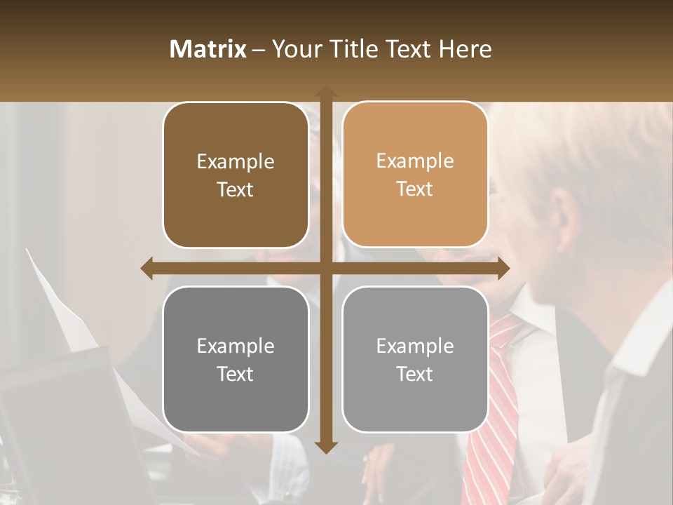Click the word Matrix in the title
(208, 49)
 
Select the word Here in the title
(465, 49)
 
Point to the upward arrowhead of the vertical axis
(325, 91)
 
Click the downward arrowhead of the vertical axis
(325, 447)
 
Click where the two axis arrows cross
(325, 268)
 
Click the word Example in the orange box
(415, 161)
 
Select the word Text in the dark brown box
(236, 190)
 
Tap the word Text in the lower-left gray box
(236, 375)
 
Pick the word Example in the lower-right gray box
(415, 346)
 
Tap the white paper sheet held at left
(63, 309)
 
